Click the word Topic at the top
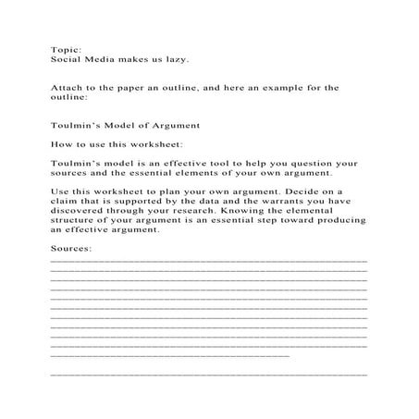tap(65, 49)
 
